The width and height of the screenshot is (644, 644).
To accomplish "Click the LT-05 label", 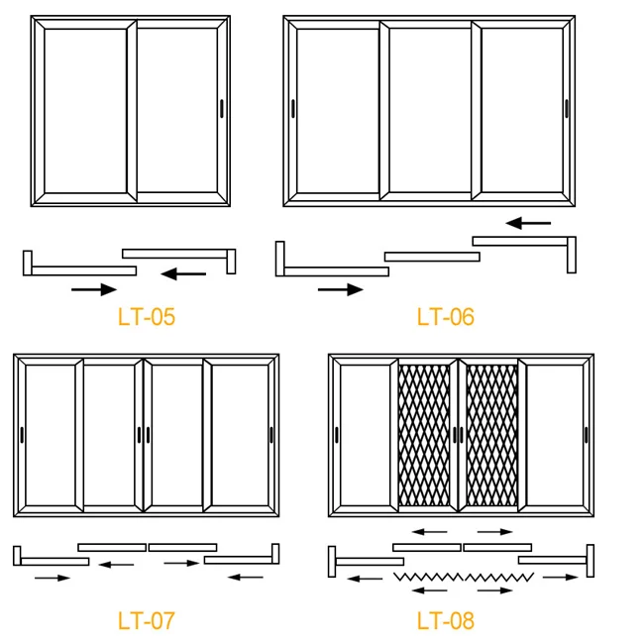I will pyautogui.click(x=146, y=317).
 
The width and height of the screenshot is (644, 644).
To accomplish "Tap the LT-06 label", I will pyautogui.click(x=445, y=317).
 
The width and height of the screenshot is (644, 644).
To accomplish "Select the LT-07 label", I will pyautogui.click(x=146, y=621).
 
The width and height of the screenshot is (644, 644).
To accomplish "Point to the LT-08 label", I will pyautogui.click(x=445, y=621).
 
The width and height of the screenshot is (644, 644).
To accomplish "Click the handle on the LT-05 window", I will pyautogui.click(x=221, y=109).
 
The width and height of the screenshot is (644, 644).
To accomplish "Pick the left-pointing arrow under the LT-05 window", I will pyautogui.click(x=183, y=273).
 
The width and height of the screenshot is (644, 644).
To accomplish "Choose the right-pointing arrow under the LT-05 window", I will pyautogui.click(x=94, y=289).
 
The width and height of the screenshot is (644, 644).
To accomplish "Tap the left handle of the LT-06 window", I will pyautogui.click(x=293, y=109).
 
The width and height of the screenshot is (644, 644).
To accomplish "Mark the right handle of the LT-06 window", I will pyautogui.click(x=567, y=109).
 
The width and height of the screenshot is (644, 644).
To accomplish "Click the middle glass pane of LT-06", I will pyautogui.click(x=430, y=110).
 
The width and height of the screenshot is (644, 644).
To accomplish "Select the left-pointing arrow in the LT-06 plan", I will pyautogui.click(x=528, y=223).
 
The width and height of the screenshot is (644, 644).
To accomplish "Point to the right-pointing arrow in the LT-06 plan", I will pyautogui.click(x=340, y=289).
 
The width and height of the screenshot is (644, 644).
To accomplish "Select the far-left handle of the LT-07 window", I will pyautogui.click(x=22, y=434).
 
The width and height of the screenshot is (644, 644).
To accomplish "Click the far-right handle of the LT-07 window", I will pyautogui.click(x=270, y=434).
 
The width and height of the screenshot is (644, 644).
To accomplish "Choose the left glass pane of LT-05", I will pyautogui.click(x=85, y=110).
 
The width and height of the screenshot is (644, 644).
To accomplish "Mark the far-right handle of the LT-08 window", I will pyautogui.click(x=586, y=434).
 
